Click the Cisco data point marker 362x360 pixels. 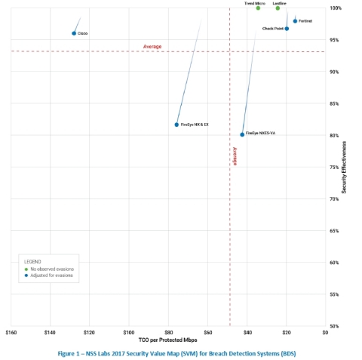point(74,33)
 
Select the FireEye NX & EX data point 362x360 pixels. point(176,125)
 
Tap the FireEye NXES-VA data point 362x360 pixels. point(242,134)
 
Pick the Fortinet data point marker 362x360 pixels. point(295,21)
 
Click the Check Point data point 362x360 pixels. point(287,29)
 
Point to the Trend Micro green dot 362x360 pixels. point(258,8)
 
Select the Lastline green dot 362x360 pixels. point(278,8)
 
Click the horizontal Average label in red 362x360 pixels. point(152,47)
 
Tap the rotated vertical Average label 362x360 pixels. point(235,156)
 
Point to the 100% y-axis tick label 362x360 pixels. point(335,8)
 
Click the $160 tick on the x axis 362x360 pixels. point(11,332)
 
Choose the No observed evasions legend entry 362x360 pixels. point(51,269)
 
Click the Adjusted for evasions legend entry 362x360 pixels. point(51,275)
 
